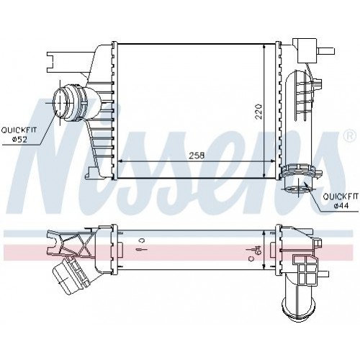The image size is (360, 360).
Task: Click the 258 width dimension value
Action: [197, 156]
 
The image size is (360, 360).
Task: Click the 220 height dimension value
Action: [258, 112]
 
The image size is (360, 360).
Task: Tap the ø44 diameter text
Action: [341, 205]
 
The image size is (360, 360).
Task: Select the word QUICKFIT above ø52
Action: [19, 130]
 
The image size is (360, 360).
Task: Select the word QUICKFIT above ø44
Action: [341, 197]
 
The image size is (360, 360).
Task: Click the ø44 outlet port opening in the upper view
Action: [297, 189]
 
